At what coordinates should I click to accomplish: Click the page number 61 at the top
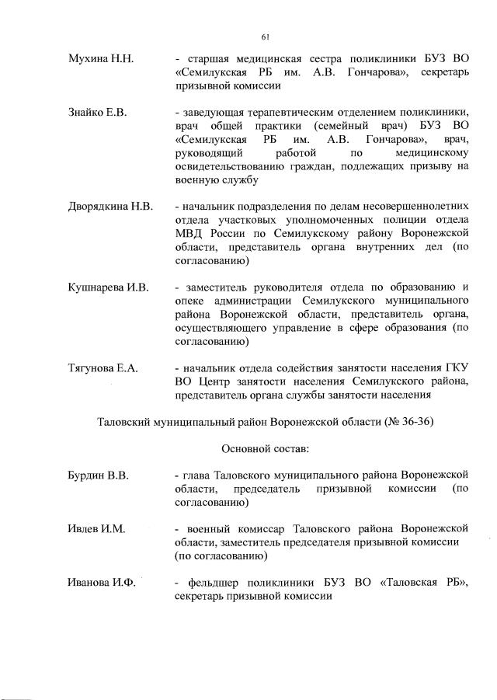click(265, 37)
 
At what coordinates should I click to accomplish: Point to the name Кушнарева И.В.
click(108, 287)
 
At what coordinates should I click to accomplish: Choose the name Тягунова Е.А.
click(103, 367)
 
